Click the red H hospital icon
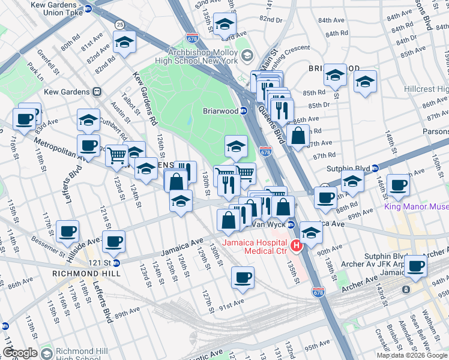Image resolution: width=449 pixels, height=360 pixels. pos(295,246)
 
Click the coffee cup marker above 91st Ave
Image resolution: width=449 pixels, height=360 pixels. pos(243,277)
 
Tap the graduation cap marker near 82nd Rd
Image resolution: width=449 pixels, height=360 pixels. pos(125,41)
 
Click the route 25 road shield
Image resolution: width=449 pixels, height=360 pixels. pos(120,24)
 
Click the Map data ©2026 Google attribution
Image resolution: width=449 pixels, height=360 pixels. pos(412,355)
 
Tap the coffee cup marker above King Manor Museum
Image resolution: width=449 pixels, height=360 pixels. pos(398,184)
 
